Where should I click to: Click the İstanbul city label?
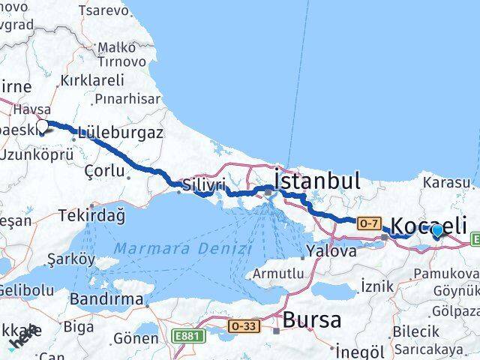pos(317,181)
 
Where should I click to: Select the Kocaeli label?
pos(430,225)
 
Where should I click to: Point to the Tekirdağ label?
pos(92,216)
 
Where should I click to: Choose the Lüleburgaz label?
pos(120,133)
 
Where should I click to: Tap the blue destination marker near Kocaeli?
pos(438,231)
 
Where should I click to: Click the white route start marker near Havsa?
pos(42,126)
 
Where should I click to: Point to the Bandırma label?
pos(106,299)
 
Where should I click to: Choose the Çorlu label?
pos(105,170)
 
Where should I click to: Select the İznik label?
pos(377,285)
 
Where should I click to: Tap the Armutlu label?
pos(278,274)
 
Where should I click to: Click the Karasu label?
pos(447,181)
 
